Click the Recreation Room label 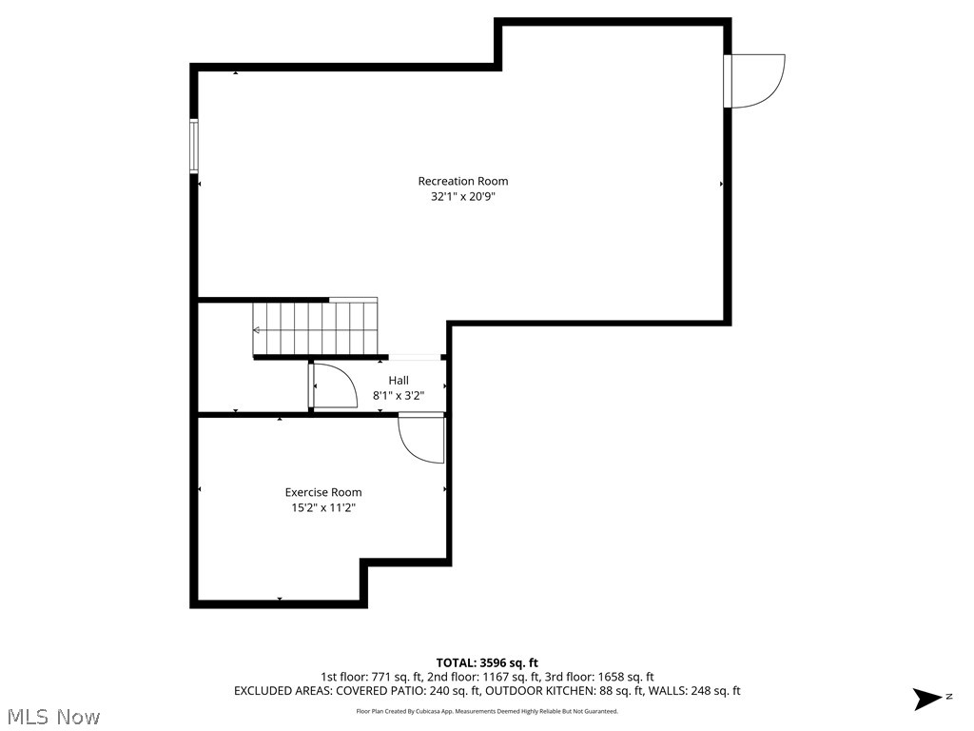[463, 181]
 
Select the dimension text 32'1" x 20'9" [463, 197]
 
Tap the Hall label [399, 380]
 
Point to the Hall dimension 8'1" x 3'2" [399, 395]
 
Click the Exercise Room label [323, 492]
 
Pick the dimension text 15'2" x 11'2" [323, 508]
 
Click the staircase [315, 328]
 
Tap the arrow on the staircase [257, 330]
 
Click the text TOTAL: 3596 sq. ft [487, 662]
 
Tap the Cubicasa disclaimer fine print [487, 711]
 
